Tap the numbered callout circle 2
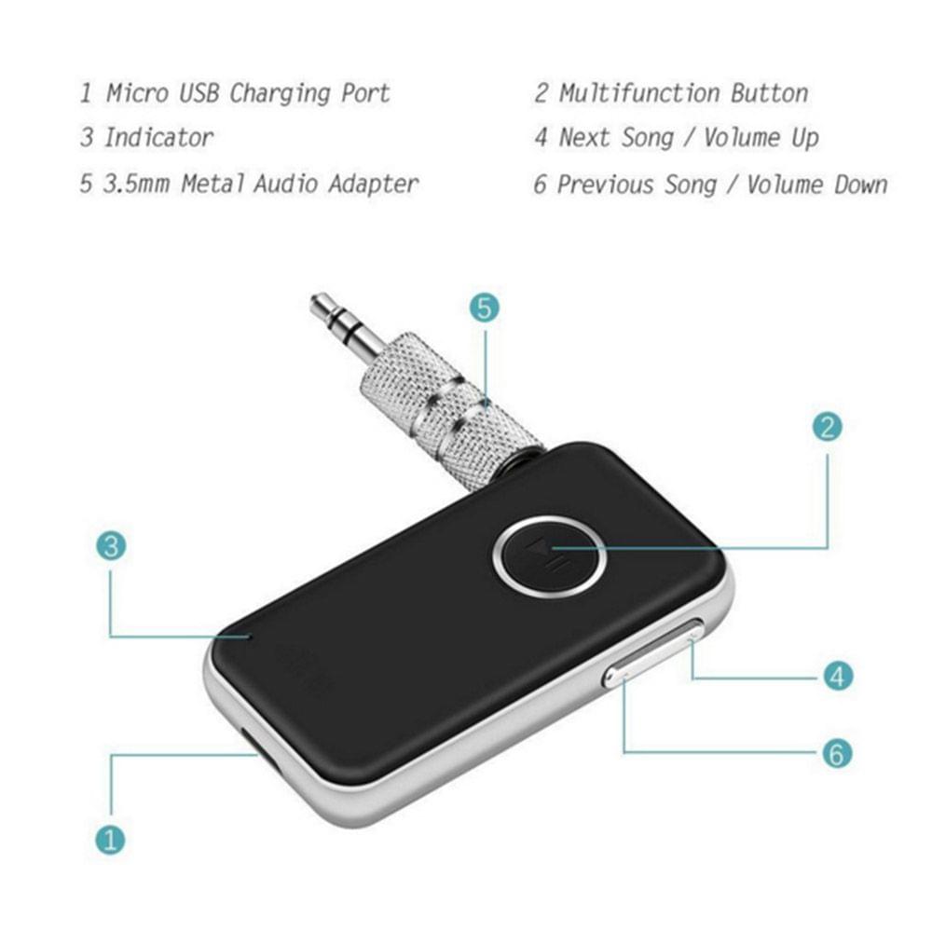827,427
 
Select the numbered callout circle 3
111,547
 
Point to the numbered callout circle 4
838,676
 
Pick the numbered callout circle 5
484,308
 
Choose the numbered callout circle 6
838,752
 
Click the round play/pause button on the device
549,555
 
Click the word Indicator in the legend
158,138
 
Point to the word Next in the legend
585,138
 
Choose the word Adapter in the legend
373,183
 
